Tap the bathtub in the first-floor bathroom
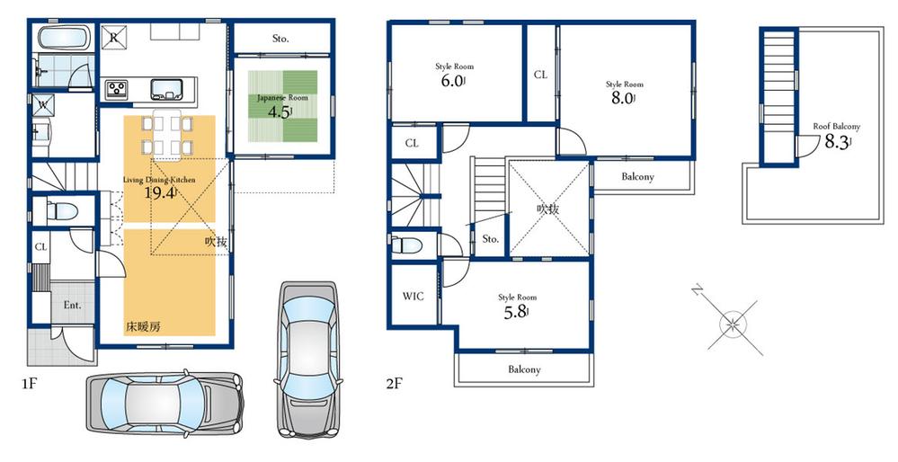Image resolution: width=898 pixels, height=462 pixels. tap(63, 39)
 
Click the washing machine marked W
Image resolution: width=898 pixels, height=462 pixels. tap(41, 104)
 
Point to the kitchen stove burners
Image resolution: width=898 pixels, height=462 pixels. tap(119, 88)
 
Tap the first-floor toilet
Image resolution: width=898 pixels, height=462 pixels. tap(61, 212)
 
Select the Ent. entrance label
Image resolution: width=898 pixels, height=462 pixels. tap(72, 305)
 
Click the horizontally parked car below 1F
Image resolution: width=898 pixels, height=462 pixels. tap(164, 402)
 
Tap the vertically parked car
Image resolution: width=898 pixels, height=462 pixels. tap(307, 356)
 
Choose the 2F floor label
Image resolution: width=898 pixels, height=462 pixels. tap(394, 383)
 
